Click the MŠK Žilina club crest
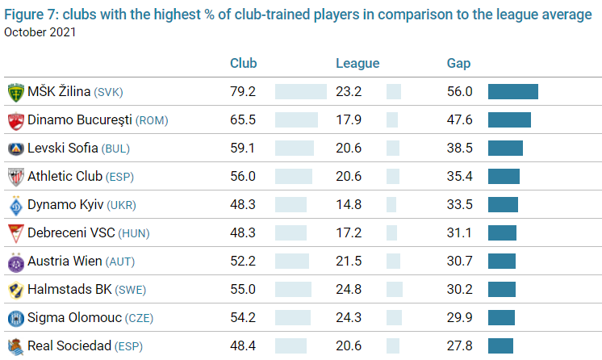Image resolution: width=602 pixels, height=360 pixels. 15,92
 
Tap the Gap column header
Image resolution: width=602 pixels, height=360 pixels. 458,64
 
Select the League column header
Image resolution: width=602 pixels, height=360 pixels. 357,64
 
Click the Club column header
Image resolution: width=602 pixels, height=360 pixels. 244,64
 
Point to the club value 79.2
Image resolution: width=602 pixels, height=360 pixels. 242,92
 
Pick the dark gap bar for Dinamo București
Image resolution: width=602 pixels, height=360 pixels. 509,120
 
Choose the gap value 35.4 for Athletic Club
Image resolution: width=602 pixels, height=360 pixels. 459,177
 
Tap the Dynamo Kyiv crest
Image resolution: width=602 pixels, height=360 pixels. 15,205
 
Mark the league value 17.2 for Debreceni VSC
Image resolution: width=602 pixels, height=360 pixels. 349,233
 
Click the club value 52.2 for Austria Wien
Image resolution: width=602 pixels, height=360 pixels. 242,262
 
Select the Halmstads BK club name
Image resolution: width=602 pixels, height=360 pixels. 69,290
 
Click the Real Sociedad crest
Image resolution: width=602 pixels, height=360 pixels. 15,346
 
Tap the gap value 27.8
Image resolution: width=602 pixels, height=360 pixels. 459,346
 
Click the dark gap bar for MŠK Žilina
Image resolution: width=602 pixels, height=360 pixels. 513,92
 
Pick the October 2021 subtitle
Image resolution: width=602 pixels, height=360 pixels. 41,32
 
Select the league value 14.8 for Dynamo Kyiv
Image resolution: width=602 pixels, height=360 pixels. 349,205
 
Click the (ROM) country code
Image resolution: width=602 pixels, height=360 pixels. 152,121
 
